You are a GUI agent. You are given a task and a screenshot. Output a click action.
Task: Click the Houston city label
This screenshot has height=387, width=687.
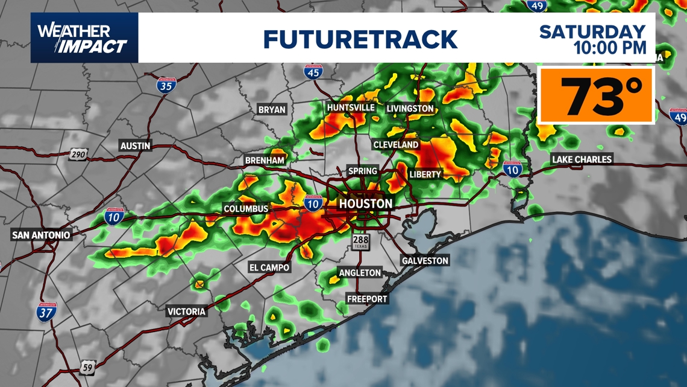(365, 204)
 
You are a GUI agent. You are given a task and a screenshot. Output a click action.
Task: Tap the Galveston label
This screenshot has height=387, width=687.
(425, 261)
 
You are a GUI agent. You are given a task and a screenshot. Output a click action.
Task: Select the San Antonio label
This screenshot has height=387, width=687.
(41, 235)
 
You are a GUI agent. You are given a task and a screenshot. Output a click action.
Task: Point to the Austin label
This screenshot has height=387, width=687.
(136, 146)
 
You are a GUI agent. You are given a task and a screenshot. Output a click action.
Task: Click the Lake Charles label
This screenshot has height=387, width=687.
(582, 159)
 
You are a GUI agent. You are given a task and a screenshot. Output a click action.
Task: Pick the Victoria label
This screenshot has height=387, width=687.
(187, 312)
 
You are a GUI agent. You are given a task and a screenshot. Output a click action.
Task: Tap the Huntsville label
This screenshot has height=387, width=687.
(351, 107)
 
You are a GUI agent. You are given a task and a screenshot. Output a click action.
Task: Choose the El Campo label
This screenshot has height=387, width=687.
(269, 267)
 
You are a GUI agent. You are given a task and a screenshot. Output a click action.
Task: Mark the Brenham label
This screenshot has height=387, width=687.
(265, 161)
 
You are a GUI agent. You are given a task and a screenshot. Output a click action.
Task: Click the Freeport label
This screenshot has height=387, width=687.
(367, 298)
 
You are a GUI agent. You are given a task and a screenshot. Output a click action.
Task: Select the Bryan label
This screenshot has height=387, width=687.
(272, 110)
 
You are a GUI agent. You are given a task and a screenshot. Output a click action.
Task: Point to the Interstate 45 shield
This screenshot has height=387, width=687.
(313, 71)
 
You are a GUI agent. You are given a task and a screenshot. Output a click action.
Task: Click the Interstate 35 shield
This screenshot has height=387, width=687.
(166, 85)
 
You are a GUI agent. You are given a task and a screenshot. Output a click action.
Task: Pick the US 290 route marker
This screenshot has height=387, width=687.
(78, 155)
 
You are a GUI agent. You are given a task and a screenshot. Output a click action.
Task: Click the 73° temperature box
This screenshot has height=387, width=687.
(595, 95)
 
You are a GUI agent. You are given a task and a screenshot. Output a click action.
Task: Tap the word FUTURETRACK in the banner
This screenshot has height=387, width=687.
(360, 39)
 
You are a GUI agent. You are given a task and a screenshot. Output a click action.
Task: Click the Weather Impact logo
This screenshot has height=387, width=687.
(84, 38)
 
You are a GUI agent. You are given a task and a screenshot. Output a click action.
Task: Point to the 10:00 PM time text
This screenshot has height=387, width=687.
(610, 48)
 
